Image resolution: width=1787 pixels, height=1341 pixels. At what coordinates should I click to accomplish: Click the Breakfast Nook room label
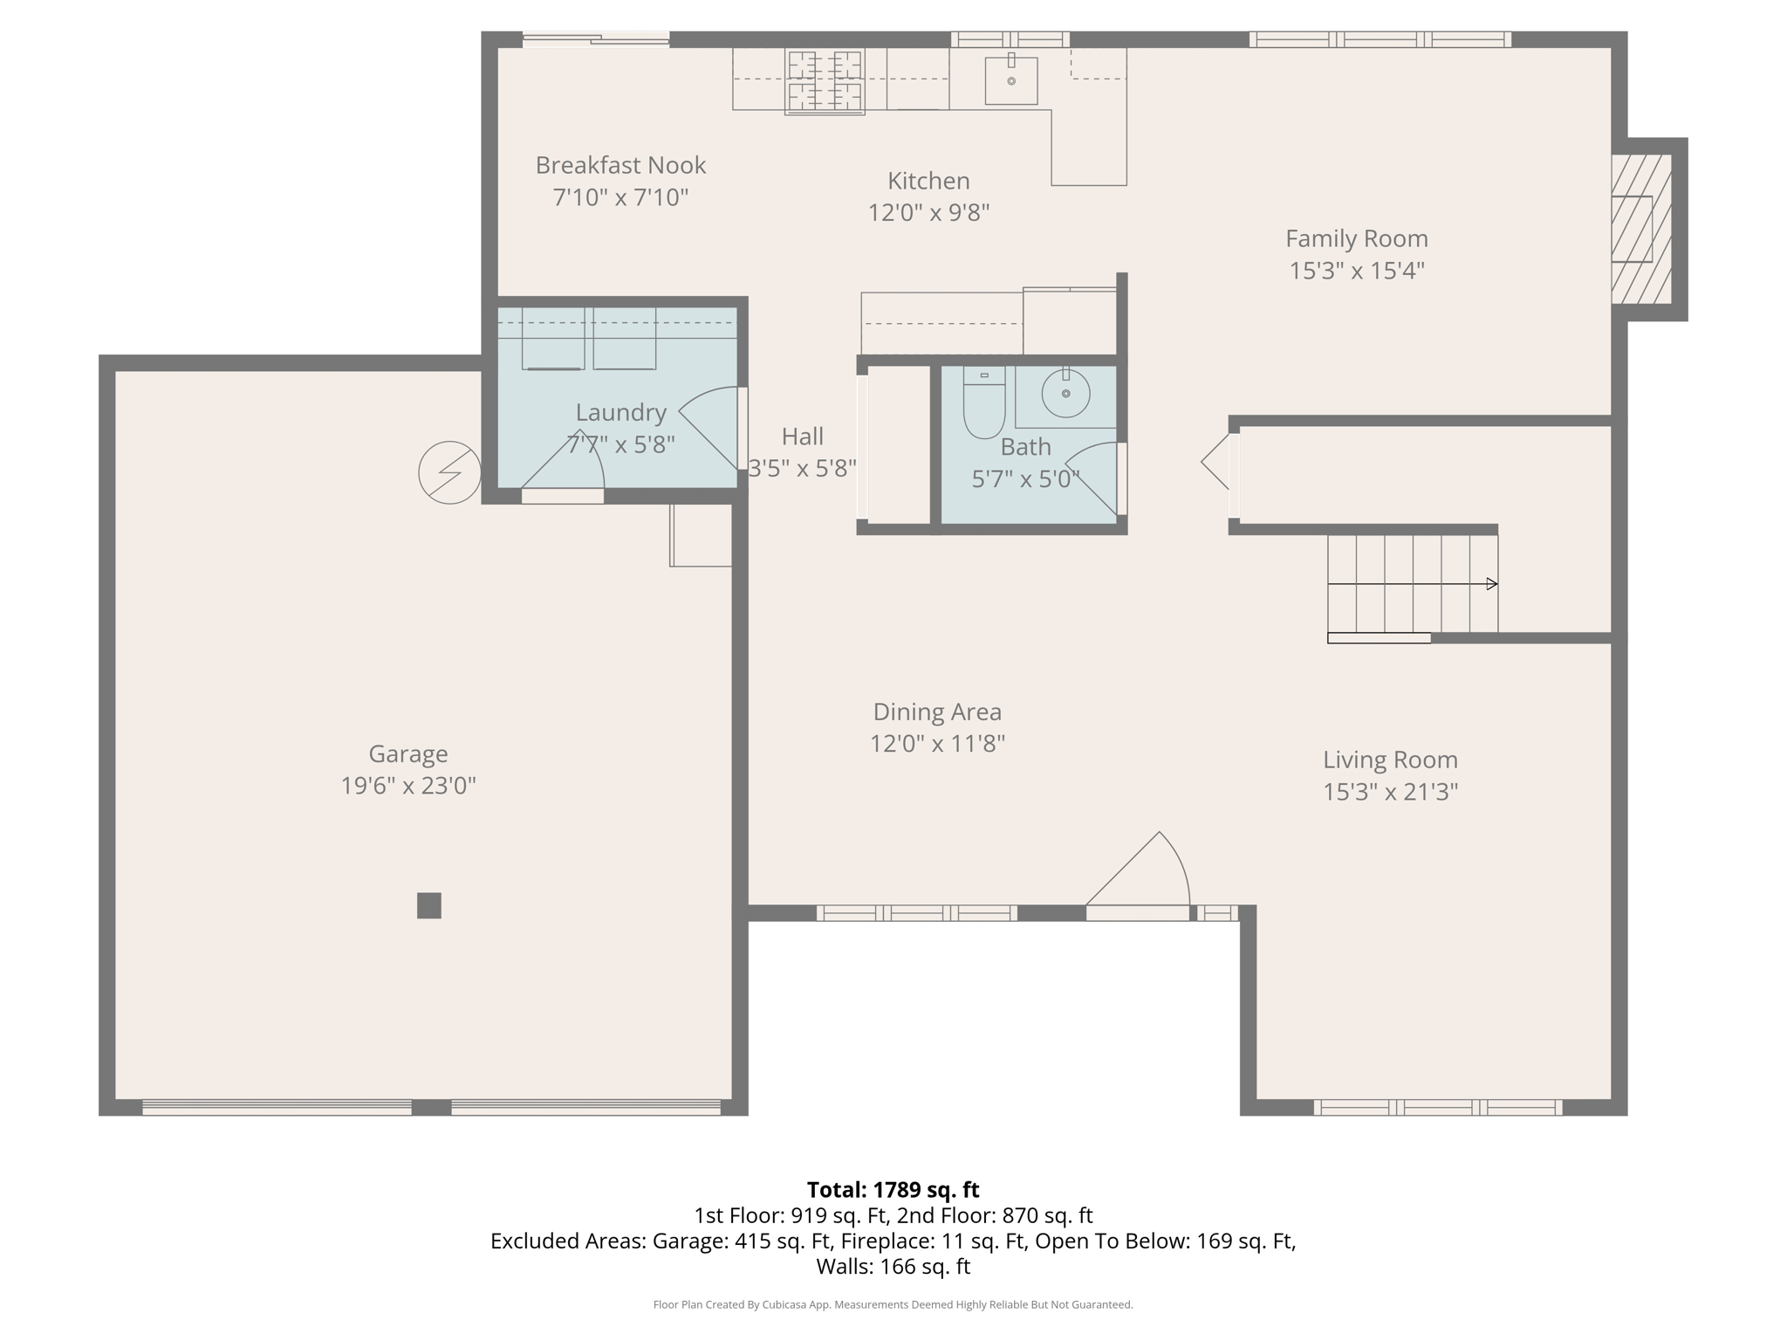[x=620, y=165]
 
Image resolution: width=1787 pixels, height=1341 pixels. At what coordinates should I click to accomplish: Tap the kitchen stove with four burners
[x=825, y=82]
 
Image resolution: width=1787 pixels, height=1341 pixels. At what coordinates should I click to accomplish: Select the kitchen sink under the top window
[x=1011, y=81]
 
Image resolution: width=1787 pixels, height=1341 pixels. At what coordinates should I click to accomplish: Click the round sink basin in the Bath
[x=1065, y=394]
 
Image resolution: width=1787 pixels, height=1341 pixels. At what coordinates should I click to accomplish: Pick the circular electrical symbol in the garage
[x=449, y=472]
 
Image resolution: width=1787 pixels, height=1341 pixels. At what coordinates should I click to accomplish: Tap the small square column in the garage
[x=428, y=905]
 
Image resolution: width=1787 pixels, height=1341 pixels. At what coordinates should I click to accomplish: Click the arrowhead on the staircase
[x=1492, y=583]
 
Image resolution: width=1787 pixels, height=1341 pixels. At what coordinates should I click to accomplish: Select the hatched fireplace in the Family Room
[x=1640, y=229]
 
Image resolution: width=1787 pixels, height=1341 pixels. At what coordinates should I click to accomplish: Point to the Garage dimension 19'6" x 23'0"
[x=407, y=786]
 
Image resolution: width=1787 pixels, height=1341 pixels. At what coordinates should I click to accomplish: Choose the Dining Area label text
[x=937, y=712]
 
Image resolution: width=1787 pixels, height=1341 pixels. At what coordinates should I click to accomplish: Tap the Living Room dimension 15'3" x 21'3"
[x=1390, y=792]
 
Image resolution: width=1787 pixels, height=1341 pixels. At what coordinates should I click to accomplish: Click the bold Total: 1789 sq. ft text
[x=893, y=1190]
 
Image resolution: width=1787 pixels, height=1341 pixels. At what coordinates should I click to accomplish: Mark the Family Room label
[x=1356, y=238]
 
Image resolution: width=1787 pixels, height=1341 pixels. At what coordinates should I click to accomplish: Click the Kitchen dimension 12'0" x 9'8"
[x=928, y=213]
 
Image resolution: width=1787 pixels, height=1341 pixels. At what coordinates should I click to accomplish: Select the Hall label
[x=802, y=437]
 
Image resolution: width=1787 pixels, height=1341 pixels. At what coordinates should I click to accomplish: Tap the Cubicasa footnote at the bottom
[x=893, y=1304]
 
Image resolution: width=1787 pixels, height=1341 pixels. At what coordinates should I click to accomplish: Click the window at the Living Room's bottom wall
[x=1437, y=1108]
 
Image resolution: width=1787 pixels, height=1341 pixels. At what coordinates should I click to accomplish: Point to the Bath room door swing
[x=1095, y=476]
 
